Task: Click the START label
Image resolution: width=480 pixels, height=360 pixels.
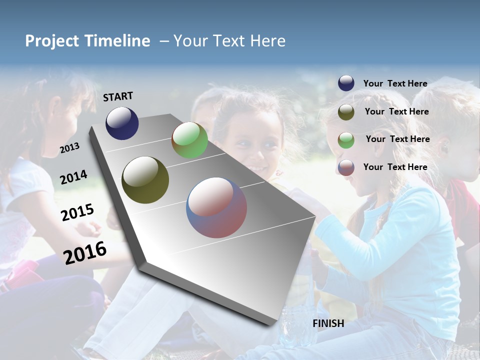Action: [118, 96]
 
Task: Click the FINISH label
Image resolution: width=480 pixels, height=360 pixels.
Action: [328, 323]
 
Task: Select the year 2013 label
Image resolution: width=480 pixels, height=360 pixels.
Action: [69, 147]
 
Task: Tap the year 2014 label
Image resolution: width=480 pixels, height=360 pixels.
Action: [73, 177]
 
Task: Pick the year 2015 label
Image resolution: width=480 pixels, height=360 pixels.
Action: [77, 212]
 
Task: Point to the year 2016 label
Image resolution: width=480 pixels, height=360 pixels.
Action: [85, 252]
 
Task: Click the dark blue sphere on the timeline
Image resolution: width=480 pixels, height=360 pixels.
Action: [122, 123]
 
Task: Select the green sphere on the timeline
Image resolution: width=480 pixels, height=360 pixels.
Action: [189, 140]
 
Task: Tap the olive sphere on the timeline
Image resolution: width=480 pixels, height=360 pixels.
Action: [145, 180]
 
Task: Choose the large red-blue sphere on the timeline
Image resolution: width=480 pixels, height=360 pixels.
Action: [216, 207]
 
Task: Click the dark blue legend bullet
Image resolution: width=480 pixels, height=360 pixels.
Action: [346, 83]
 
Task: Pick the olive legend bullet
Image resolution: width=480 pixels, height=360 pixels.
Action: [346, 112]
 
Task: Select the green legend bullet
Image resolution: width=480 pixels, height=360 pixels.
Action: [346, 139]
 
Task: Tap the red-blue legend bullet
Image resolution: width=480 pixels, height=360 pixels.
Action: [346, 167]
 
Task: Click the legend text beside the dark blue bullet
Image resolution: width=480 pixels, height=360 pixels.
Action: [395, 83]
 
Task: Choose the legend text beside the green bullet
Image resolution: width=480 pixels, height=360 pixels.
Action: [397, 139]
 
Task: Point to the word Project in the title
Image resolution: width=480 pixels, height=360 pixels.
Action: [52, 41]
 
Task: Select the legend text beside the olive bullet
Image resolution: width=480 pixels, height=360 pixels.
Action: [396, 111]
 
